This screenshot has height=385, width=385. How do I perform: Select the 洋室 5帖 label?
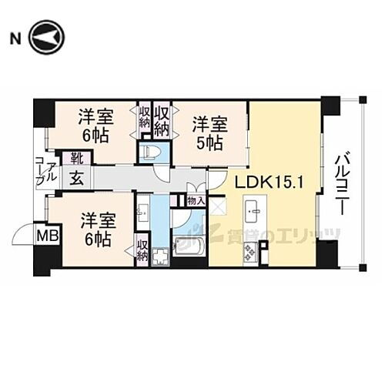tap(208, 132)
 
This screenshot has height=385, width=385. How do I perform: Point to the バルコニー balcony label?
tap(342, 185)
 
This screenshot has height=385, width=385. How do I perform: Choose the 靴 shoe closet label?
tap(78, 159)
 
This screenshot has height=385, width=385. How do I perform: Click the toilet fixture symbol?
tap(152, 150)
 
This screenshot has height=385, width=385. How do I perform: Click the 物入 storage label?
tap(196, 200)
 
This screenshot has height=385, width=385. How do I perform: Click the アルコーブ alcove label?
tap(45, 173)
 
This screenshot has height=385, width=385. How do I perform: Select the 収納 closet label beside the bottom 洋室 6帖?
tap(142, 250)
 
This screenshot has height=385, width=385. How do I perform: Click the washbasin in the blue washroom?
tap(142, 209)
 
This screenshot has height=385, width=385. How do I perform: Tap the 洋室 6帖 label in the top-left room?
tap(95, 126)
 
